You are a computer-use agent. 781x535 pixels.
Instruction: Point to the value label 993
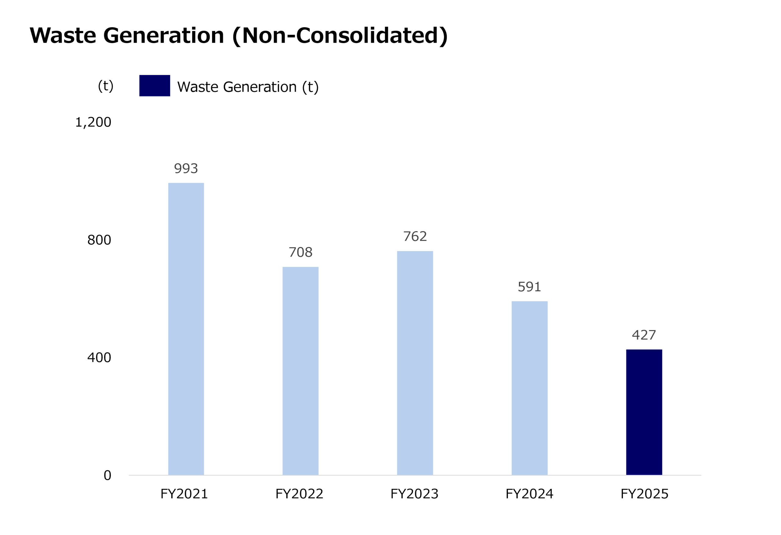186,168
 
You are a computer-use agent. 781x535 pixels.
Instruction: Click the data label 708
301,252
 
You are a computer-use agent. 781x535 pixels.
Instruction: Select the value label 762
415,237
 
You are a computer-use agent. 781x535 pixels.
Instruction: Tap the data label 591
529,287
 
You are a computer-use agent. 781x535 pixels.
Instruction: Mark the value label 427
644,335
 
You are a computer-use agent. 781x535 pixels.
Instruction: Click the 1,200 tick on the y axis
93,122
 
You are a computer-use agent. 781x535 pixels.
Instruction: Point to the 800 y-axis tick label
99,240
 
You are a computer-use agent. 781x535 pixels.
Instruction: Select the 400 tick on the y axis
99,357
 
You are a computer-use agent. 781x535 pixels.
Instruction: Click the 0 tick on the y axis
107,476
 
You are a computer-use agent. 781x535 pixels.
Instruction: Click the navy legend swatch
155,86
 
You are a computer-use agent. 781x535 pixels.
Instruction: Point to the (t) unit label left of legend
106,86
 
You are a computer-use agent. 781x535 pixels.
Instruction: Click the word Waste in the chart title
63,36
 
